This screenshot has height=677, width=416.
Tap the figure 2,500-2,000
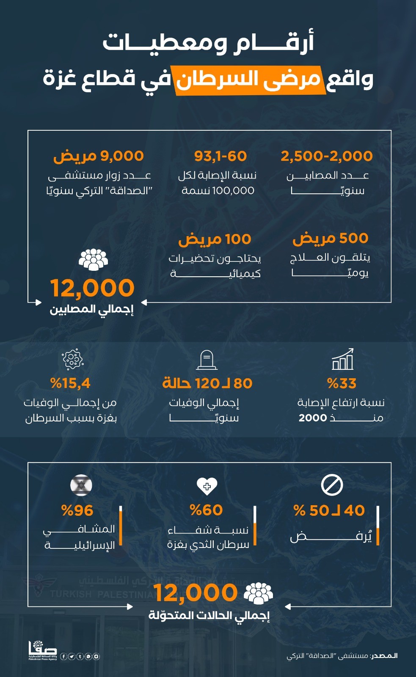(x=327, y=156)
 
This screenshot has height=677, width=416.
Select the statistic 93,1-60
(x=220, y=156)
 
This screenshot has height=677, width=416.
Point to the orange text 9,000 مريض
(x=99, y=156)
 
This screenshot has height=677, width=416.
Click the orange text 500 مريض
(x=330, y=238)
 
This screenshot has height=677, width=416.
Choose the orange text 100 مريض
(x=215, y=239)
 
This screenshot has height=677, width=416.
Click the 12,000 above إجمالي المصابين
(x=92, y=288)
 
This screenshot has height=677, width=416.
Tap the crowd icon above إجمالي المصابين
(x=93, y=259)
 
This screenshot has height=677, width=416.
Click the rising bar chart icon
(x=342, y=360)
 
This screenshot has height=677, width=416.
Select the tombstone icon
(x=207, y=360)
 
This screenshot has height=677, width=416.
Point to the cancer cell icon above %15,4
(x=73, y=360)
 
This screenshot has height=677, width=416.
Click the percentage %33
(x=342, y=383)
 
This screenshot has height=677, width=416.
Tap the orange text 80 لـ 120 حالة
(x=207, y=383)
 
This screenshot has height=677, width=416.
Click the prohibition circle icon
(x=332, y=485)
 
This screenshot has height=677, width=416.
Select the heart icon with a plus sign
(x=207, y=486)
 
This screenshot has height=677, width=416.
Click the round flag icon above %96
(x=81, y=485)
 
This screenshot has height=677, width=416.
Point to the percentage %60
(x=206, y=510)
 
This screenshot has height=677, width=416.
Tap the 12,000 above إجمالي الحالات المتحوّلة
(x=196, y=593)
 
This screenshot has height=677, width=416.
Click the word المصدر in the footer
(x=384, y=656)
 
